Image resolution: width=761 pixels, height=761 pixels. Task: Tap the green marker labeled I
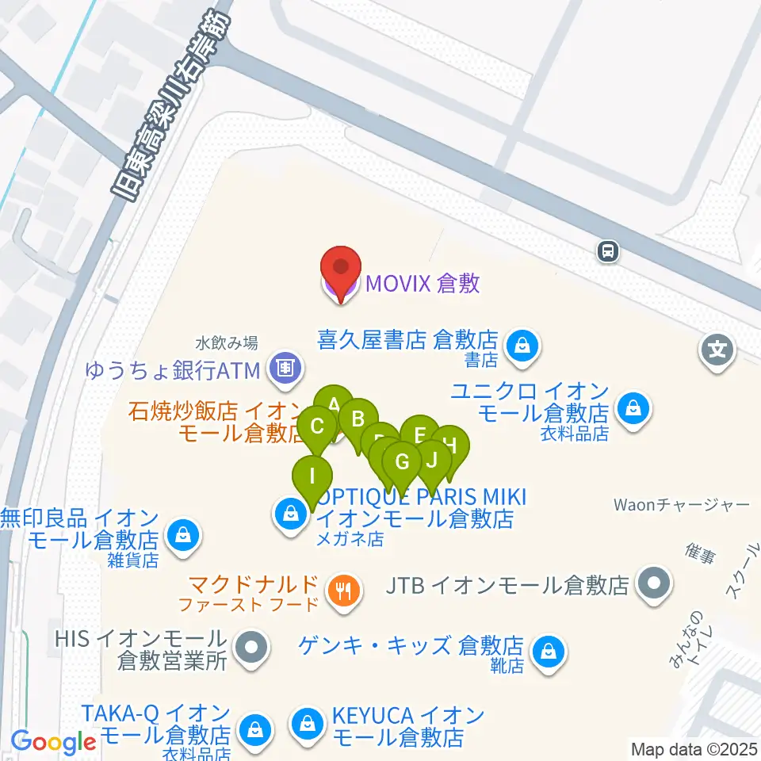[313, 477]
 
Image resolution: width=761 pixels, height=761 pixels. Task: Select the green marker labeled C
[318, 427]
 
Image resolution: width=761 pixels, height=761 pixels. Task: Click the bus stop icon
[608, 252]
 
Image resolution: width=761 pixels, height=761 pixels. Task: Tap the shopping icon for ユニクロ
[633, 408]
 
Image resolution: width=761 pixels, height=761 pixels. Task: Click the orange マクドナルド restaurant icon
[343, 590]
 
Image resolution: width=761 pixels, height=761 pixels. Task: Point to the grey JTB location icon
[654, 586]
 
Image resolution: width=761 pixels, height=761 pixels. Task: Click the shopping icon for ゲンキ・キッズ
[548, 652]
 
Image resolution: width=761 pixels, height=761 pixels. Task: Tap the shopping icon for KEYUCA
[305, 723]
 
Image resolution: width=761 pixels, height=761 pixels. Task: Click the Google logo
[53, 742]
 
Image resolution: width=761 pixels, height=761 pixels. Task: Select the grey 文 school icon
[717, 348]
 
